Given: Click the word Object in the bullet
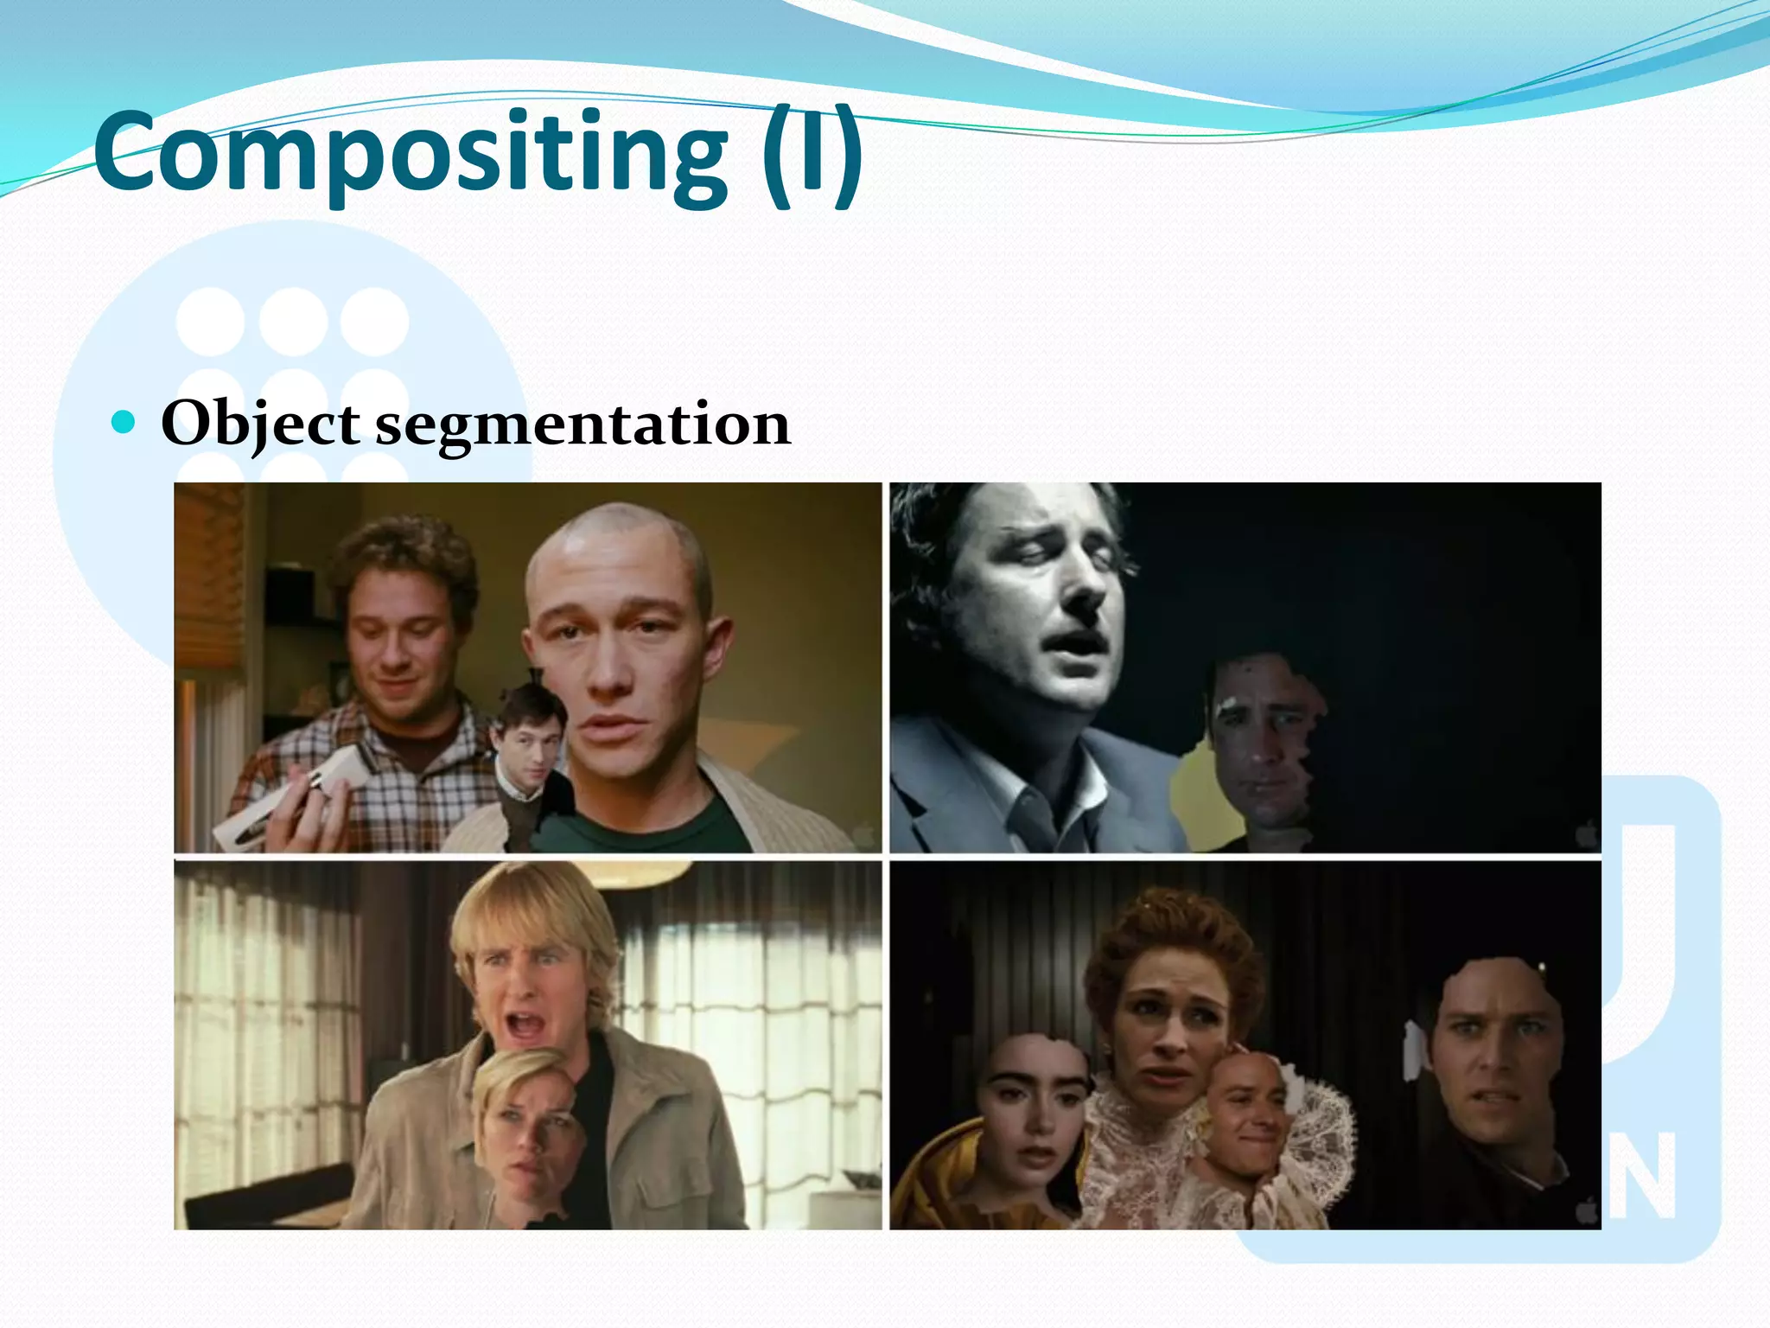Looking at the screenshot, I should tap(260, 425).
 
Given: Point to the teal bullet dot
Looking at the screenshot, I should tap(124, 422).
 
